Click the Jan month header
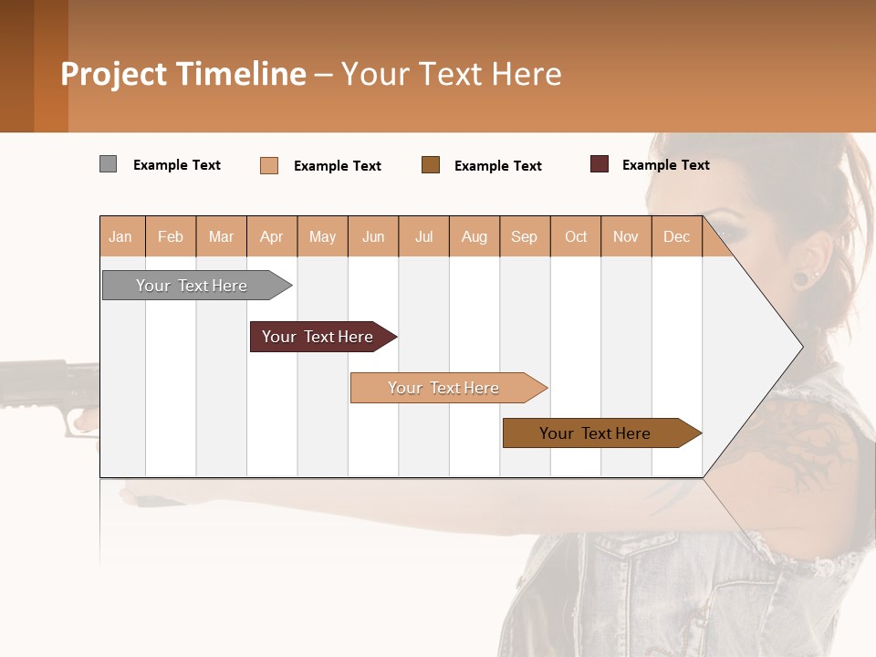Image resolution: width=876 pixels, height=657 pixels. point(120,237)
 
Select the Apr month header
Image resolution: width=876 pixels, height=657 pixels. point(272,237)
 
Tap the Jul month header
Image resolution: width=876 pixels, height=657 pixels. point(423,237)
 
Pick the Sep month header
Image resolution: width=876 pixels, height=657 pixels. point(524,237)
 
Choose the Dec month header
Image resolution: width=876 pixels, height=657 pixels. point(676,237)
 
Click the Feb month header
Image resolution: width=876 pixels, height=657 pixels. point(171,237)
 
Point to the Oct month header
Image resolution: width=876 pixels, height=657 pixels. point(576,237)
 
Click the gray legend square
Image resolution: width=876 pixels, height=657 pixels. point(108,164)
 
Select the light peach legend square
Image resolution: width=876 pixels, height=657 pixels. point(269,165)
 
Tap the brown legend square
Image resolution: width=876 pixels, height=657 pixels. point(431,164)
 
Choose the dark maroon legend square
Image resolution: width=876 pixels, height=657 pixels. point(600,164)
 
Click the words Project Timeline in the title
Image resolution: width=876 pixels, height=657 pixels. point(182,74)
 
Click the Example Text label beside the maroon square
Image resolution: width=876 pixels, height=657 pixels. point(665,165)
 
